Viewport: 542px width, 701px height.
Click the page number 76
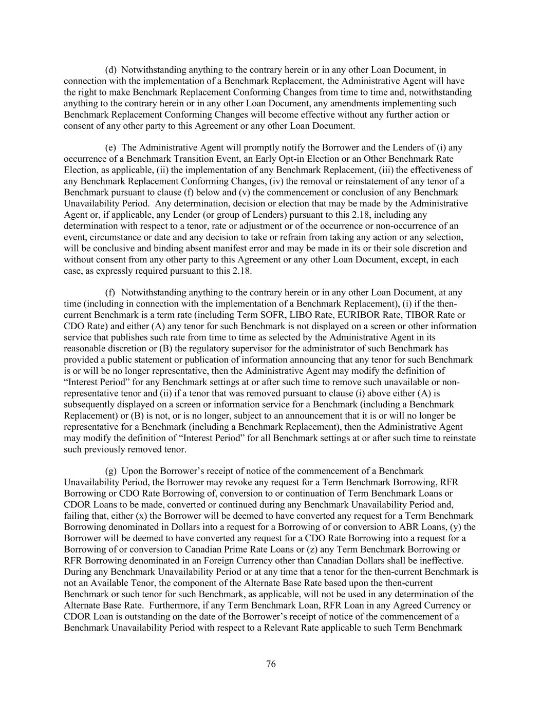pos(271,664)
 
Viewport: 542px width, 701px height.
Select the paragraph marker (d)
pos(111,70)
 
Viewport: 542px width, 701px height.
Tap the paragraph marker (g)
pos(111,471)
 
